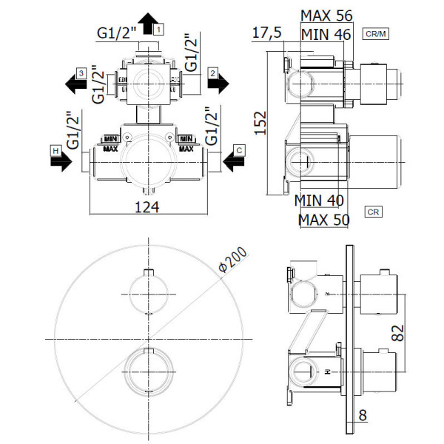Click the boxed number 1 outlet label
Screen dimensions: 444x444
click(x=158, y=30)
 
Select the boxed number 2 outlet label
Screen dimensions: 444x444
click(x=213, y=73)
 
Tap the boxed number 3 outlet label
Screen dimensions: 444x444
click(x=81, y=73)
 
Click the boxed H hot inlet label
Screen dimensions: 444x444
click(x=55, y=151)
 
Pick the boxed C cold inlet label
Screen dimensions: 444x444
click(x=239, y=150)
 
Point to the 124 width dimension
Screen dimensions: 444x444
click(x=147, y=207)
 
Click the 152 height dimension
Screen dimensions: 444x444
click(x=260, y=123)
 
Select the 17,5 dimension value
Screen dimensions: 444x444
click(x=266, y=33)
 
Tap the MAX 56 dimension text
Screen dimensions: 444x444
click(x=326, y=16)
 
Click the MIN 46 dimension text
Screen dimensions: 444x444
click(x=326, y=35)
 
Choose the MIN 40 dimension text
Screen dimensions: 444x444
click(x=319, y=201)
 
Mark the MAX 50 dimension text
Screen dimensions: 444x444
click(x=324, y=220)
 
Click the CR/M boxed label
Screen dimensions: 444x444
click(x=376, y=34)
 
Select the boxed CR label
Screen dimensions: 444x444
click(x=373, y=212)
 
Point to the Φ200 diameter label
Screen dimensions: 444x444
click(x=233, y=260)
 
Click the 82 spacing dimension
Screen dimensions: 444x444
click(x=397, y=333)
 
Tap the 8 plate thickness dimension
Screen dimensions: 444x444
click(x=363, y=415)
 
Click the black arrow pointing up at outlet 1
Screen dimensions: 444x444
click(x=148, y=24)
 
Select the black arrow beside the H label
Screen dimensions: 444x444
click(x=61, y=161)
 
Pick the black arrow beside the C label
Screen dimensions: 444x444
click(x=233, y=161)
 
